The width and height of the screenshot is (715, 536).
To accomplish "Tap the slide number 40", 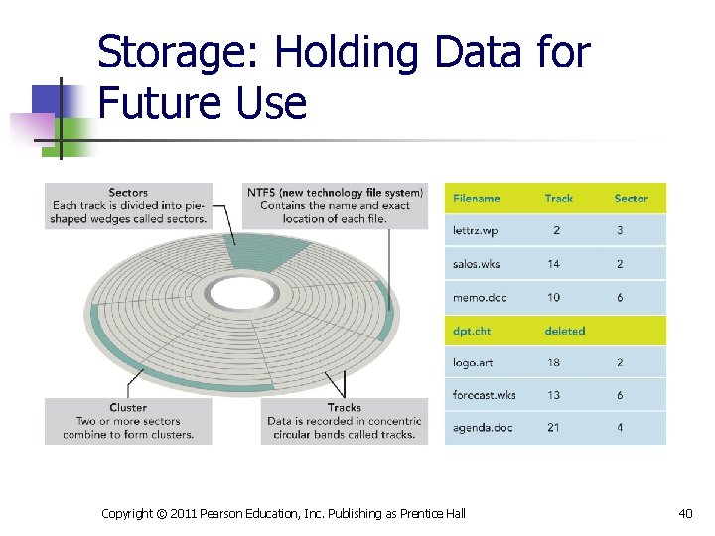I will [x=685, y=512].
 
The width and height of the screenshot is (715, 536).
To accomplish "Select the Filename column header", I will [x=476, y=199].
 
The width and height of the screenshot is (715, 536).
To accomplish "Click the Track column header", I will [x=558, y=199].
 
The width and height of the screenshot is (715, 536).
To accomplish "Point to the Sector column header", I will [x=631, y=199].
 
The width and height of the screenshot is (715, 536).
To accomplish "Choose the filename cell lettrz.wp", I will [x=475, y=230].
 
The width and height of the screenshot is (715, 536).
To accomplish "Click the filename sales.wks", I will [x=476, y=264].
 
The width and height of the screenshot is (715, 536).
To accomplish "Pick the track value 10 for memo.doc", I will [x=553, y=297].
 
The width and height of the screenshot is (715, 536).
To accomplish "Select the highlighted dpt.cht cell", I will [x=471, y=331].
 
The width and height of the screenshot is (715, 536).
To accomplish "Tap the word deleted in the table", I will [x=564, y=331].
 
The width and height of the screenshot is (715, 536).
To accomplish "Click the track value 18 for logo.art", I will [x=553, y=362].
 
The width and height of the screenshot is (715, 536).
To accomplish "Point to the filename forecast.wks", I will [x=484, y=395].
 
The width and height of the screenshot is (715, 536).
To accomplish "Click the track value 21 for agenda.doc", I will [x=553, y=427].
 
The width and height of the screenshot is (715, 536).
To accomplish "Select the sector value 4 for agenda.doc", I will [x=620, y=427].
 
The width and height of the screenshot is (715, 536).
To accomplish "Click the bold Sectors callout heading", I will [x=128, y=193].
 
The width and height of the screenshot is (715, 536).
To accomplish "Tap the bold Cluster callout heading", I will [x=128, y=407].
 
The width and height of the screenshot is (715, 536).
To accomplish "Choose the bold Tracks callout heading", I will [x=344, y=407].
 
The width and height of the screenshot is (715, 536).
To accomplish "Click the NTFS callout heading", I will [x=335, y=193].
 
